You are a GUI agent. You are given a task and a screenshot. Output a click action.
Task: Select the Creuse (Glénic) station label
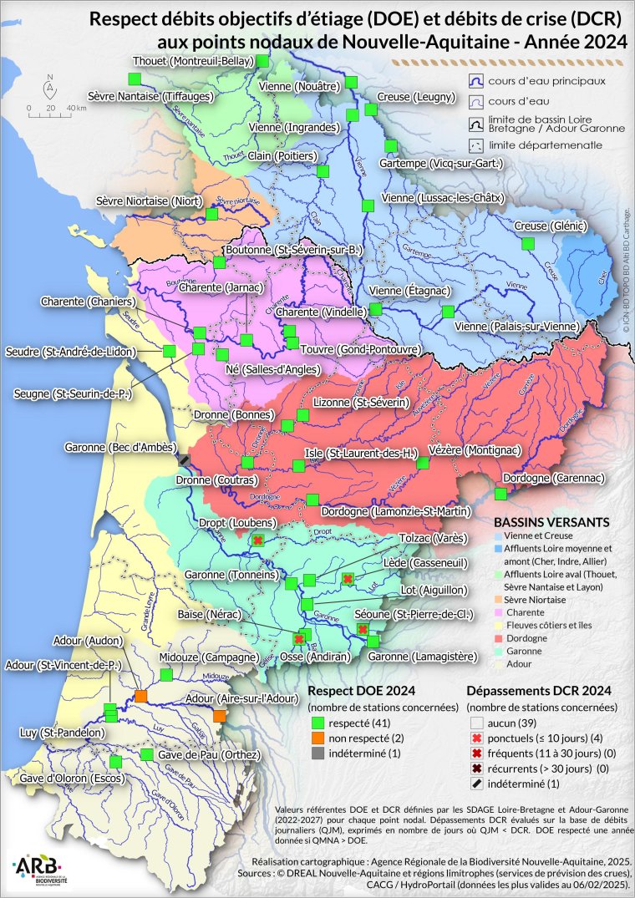[551, 226]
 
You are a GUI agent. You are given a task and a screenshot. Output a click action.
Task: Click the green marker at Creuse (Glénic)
[527, 243]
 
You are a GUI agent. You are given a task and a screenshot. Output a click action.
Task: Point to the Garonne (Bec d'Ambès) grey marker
[184, 459]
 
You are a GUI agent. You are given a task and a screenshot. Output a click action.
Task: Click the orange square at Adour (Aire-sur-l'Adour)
[219, 717]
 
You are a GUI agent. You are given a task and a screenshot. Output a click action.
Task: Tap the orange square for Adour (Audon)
[140, 696]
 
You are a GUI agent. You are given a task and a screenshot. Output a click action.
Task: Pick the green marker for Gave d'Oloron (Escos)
[115, 761]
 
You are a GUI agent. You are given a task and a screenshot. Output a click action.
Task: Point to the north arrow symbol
[50, 85]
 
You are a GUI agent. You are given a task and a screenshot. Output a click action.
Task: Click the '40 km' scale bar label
[76, 108]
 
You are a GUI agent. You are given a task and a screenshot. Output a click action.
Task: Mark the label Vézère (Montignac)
[475, 449]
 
